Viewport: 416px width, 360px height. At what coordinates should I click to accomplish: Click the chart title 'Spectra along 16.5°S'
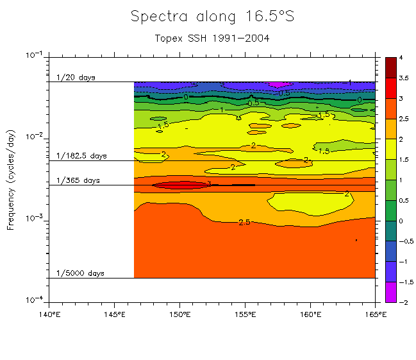[x=212, y=17]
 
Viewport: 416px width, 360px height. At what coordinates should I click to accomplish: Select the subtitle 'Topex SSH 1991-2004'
[x=212, y=38]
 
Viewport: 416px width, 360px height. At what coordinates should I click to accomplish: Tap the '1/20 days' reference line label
[x=76, y=78]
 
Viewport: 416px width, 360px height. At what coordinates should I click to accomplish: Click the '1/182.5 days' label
[x=81, y=156]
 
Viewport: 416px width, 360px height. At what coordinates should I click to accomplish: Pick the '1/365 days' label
[x=78, y=180]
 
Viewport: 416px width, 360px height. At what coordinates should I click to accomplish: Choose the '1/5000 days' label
[x=80, y=273]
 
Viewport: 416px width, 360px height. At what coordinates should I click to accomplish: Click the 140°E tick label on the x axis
[x=49, y=314]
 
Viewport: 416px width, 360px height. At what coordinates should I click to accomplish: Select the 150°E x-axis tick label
[x=179, y=314]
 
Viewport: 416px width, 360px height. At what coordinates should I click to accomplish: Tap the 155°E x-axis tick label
[x=245, y=314]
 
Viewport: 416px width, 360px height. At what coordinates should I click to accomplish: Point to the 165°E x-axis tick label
[x=375, y=314]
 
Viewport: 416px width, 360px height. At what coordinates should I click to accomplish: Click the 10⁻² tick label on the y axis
[x=32, y=137]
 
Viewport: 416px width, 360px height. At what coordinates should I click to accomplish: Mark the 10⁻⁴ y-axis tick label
[x=32, y=300]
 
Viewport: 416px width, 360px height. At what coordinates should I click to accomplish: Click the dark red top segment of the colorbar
[x=390, y=67]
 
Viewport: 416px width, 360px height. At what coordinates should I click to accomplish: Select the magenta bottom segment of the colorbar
[x=390, y=292]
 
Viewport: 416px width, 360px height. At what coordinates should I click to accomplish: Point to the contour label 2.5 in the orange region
[x=244, y=222]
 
